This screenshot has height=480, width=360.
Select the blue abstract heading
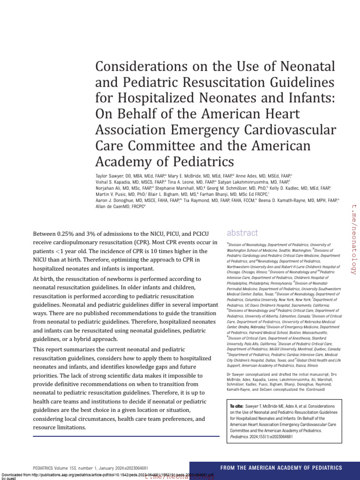(242, 233)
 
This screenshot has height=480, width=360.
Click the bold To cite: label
(236, 405)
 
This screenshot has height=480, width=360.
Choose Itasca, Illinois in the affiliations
(306, 365)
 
